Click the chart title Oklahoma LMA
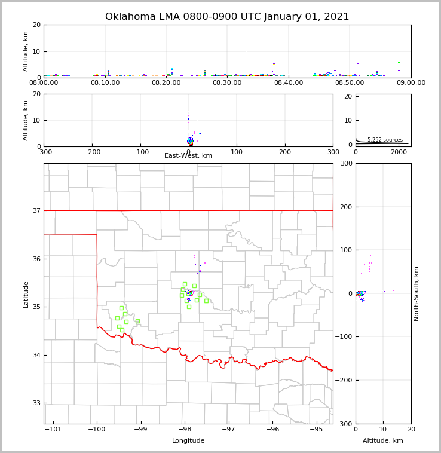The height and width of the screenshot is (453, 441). [227, 17]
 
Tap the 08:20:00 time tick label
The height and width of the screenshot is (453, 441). [166, 83]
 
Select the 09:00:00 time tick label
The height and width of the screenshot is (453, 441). [411, 83]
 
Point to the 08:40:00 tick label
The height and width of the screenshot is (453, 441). [289, 83]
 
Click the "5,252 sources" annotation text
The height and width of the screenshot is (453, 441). [385, 140]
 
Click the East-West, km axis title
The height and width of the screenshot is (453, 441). [188, 156]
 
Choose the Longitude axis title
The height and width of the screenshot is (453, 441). [188, 441]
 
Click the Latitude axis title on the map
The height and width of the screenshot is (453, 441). [26, 294]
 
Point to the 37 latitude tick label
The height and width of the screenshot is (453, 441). [36, 210]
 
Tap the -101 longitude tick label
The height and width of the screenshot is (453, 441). [53, 430]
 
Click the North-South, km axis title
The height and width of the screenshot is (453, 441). [416, 293]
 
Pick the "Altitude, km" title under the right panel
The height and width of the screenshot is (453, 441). [383, 441]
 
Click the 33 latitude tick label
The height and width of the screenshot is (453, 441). [36, 403]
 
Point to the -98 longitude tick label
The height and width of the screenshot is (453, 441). [185, 430]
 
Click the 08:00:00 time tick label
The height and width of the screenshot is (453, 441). [44, 83]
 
